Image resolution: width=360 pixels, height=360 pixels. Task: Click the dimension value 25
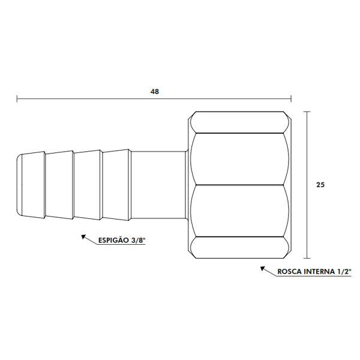pyautogui.click(x=320, y=185)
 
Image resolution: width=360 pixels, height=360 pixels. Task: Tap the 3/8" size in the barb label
pyautogui.click(x=137, y=242)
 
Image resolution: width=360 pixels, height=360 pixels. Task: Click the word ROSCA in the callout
pyautogui.click(x=290, y=272)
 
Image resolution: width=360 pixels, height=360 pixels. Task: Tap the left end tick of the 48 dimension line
pyautogui.click(x=17, y=98)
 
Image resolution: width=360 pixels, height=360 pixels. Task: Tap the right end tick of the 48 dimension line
pyautogui.click(x=292, y=98)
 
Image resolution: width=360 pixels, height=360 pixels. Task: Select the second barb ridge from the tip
pyautogui.click(x=60, y=185)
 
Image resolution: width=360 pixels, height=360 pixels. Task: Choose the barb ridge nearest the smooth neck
pyautogui.click(x=117, y=185)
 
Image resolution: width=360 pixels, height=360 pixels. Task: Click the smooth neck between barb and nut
pyautogui.click(x=159, y=185)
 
